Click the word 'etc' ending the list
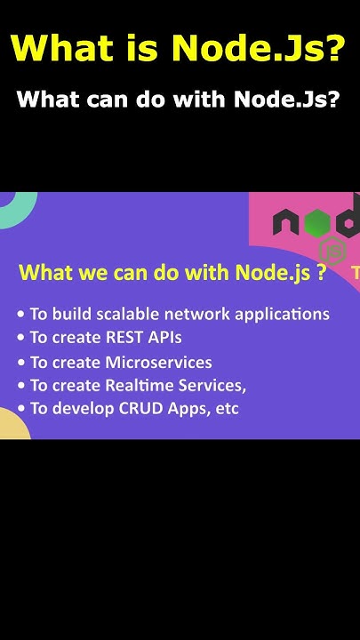click(226, 409)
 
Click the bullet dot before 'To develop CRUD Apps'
click(21, 409)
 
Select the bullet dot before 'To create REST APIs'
click(21, 339)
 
